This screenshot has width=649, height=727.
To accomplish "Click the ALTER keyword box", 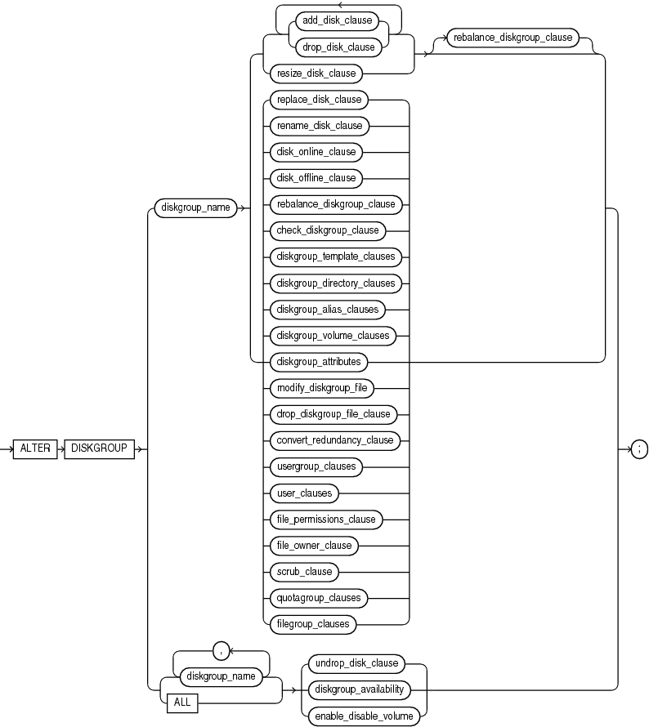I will point(34,448).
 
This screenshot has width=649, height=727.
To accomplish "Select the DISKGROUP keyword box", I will point(99,448).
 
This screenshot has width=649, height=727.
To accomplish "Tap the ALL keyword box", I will point(181,702).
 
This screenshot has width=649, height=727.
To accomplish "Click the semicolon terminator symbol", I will point(640,448).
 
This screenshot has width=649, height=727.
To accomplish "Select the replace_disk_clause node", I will point(316,100).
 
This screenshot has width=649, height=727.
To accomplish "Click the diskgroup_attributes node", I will point(318,361).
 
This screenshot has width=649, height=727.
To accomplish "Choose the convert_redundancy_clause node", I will point(334,439).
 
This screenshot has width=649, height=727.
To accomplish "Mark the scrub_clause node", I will point(302,571).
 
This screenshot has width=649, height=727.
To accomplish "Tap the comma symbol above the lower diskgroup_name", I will point(217,650).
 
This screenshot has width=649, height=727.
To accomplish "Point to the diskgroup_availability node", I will point(360,689).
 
